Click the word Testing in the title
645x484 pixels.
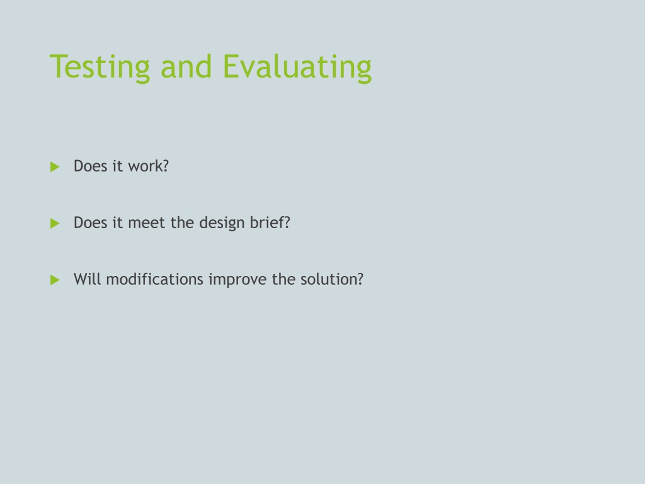100,67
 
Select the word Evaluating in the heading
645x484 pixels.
297,67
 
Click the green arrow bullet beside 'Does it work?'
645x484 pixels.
55,166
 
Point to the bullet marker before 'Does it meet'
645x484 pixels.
55,224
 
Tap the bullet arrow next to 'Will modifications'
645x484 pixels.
55,280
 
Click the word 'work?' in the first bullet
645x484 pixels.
149,166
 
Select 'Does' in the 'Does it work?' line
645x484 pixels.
91,166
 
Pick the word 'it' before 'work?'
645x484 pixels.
118,166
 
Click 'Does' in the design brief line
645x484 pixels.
91,222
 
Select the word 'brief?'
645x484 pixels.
270,222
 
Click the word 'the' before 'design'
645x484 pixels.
182,222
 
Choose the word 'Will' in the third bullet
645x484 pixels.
87,279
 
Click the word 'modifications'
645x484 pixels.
155,279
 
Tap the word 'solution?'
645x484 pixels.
332,279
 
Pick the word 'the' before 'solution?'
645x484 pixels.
283,279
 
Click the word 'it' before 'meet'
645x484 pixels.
118,222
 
